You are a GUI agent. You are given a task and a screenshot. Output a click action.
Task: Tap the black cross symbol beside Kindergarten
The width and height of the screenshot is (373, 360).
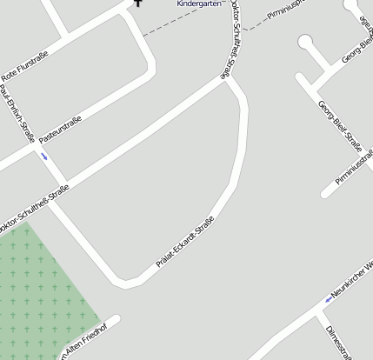point(137,3)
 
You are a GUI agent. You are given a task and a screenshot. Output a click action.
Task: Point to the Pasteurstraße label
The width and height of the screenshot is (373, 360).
point(60,130)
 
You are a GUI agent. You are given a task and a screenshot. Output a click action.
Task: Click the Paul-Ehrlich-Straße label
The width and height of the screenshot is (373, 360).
point(17,113)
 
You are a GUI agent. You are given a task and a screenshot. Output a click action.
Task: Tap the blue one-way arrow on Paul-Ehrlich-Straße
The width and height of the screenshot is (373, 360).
point(44,157)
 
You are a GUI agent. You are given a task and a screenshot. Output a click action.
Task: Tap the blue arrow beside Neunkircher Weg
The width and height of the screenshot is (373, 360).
point(329,299)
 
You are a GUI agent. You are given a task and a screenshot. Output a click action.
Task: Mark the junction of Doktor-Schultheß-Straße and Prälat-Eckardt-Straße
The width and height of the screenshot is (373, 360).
point(228,80)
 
